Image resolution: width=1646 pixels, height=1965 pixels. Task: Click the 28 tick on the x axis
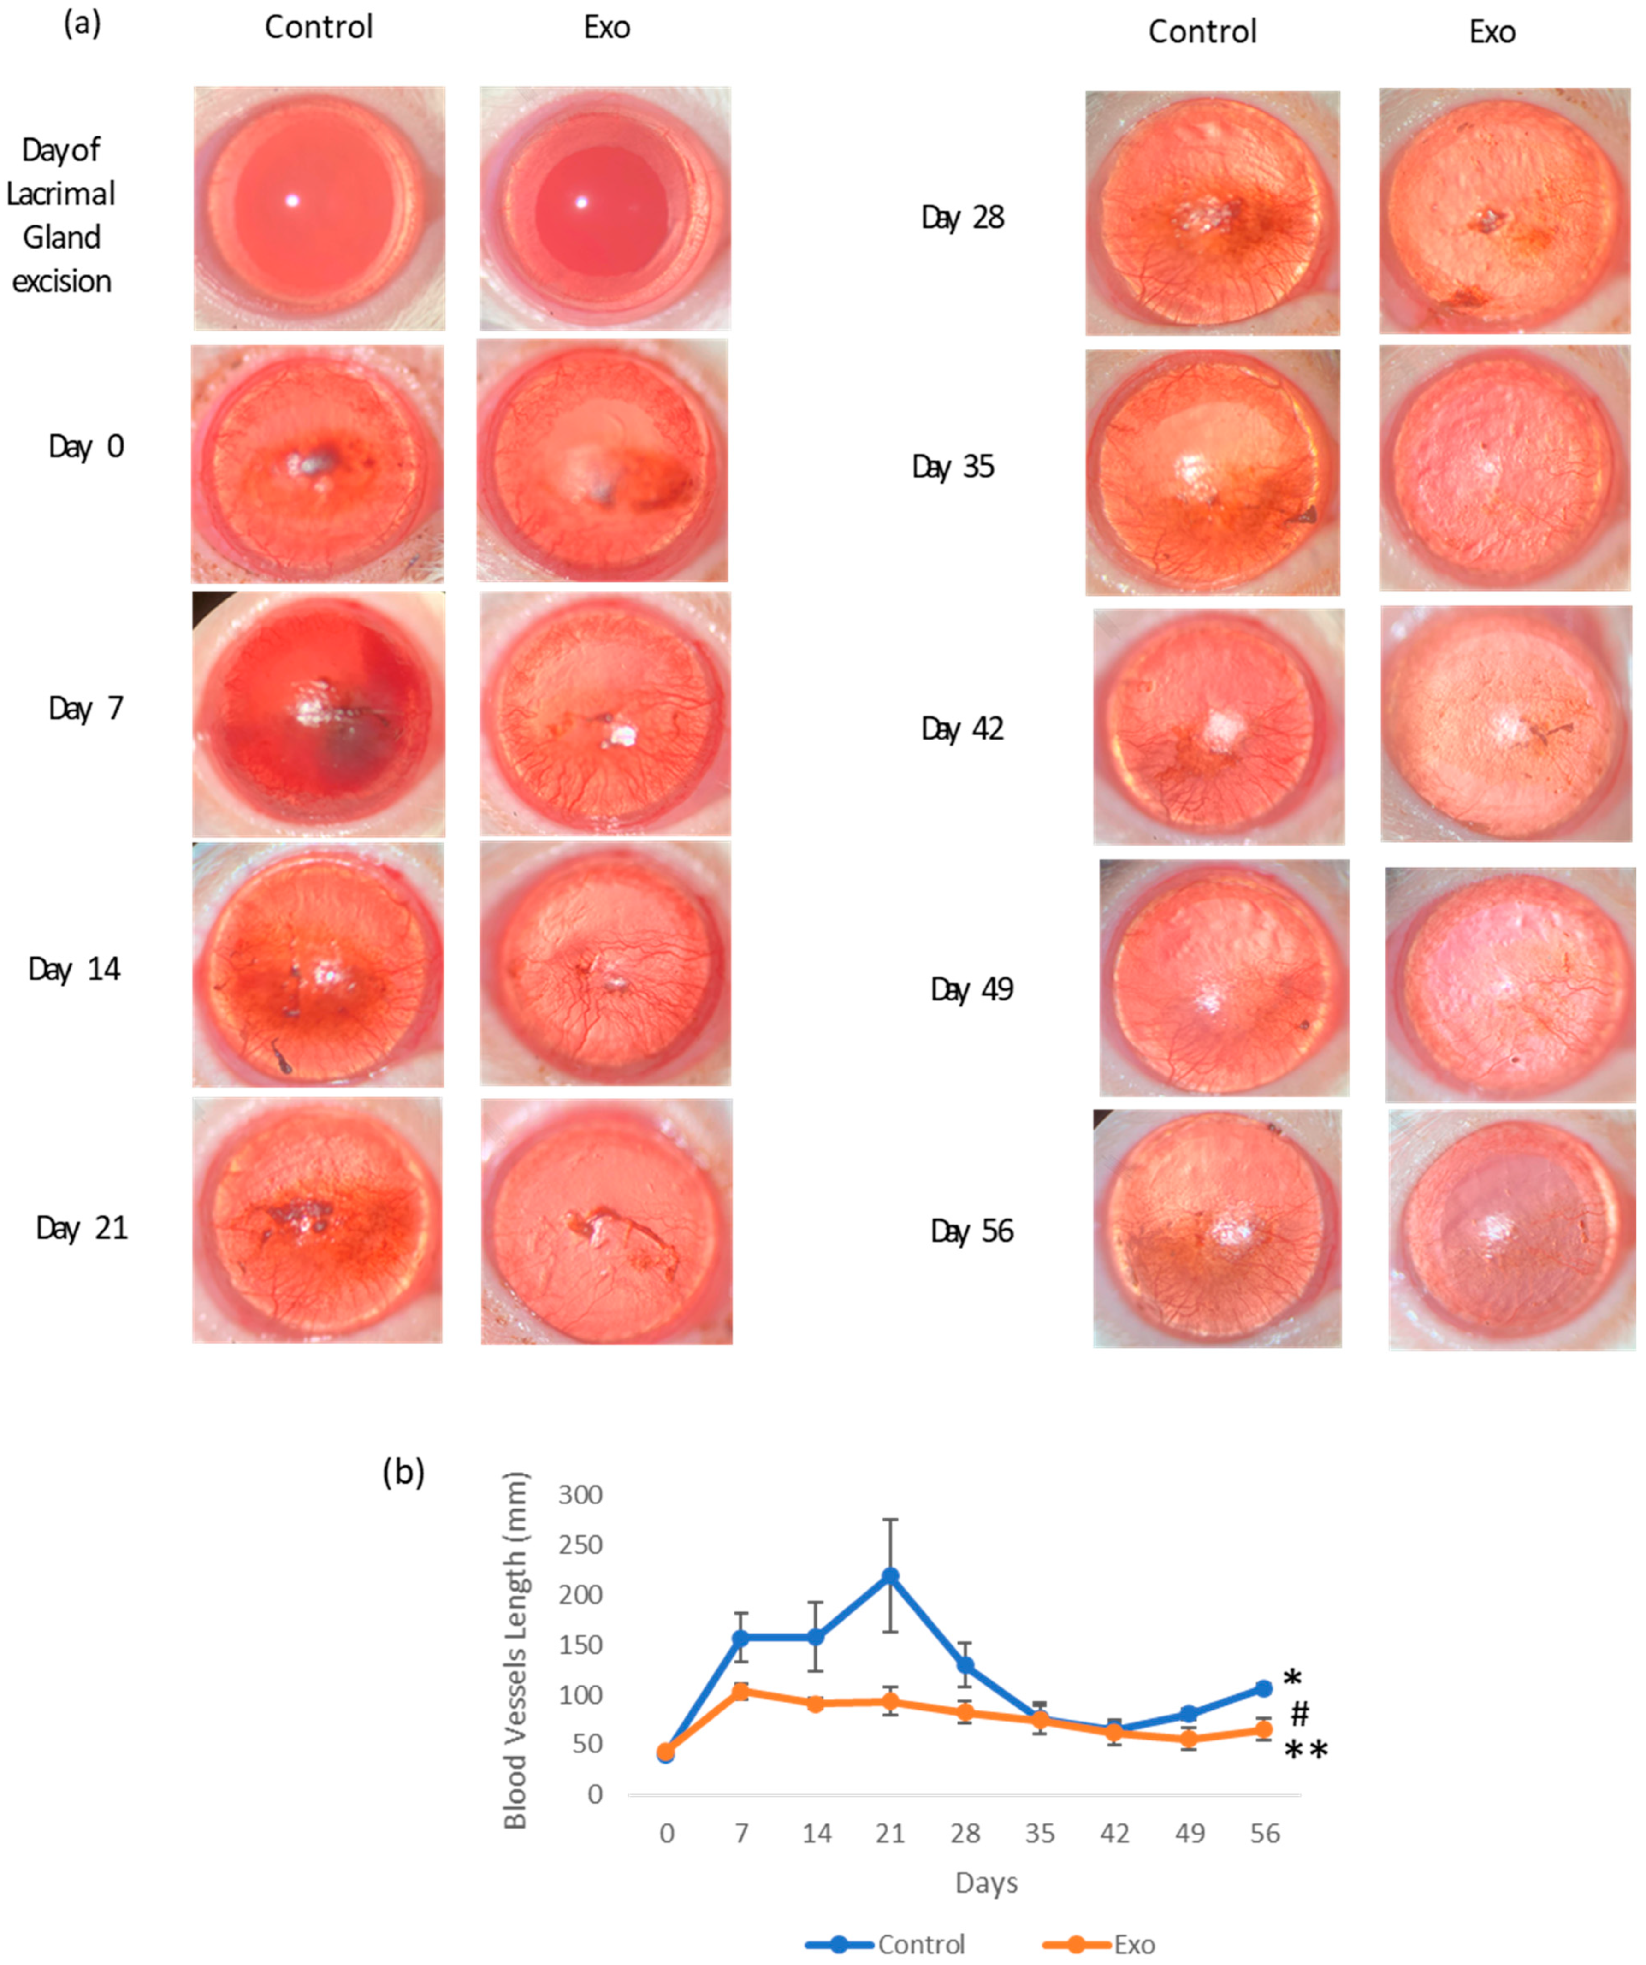(x=965, y=1833)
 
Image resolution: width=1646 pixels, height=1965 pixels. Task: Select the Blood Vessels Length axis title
(x=515, y=1651)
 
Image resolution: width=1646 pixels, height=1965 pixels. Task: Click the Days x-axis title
(x=986, y=1882)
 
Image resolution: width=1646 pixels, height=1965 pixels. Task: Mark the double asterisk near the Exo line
(x=1305, y=1750)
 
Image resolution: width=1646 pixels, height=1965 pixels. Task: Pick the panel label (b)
(x=403, y=1472)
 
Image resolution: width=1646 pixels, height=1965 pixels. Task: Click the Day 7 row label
(x=86, y=708)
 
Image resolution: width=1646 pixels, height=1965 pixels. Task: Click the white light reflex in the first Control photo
(x=292, y=199)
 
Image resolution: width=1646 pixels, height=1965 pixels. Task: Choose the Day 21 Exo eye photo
(x=606, y=1221)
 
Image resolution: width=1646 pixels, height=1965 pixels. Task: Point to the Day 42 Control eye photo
(x=1218, y=727)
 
